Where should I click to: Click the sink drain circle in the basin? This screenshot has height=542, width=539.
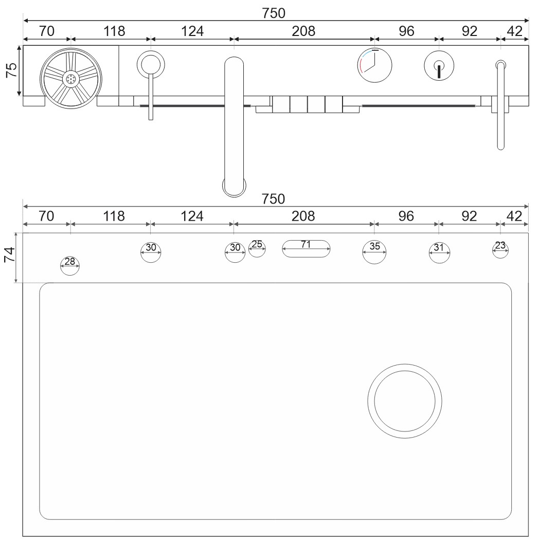(405, 401)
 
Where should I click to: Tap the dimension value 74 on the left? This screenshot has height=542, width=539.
(10, 255)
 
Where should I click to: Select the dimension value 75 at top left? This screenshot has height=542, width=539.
(11, 70)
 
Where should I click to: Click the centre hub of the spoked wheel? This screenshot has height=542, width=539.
(71, 79)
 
